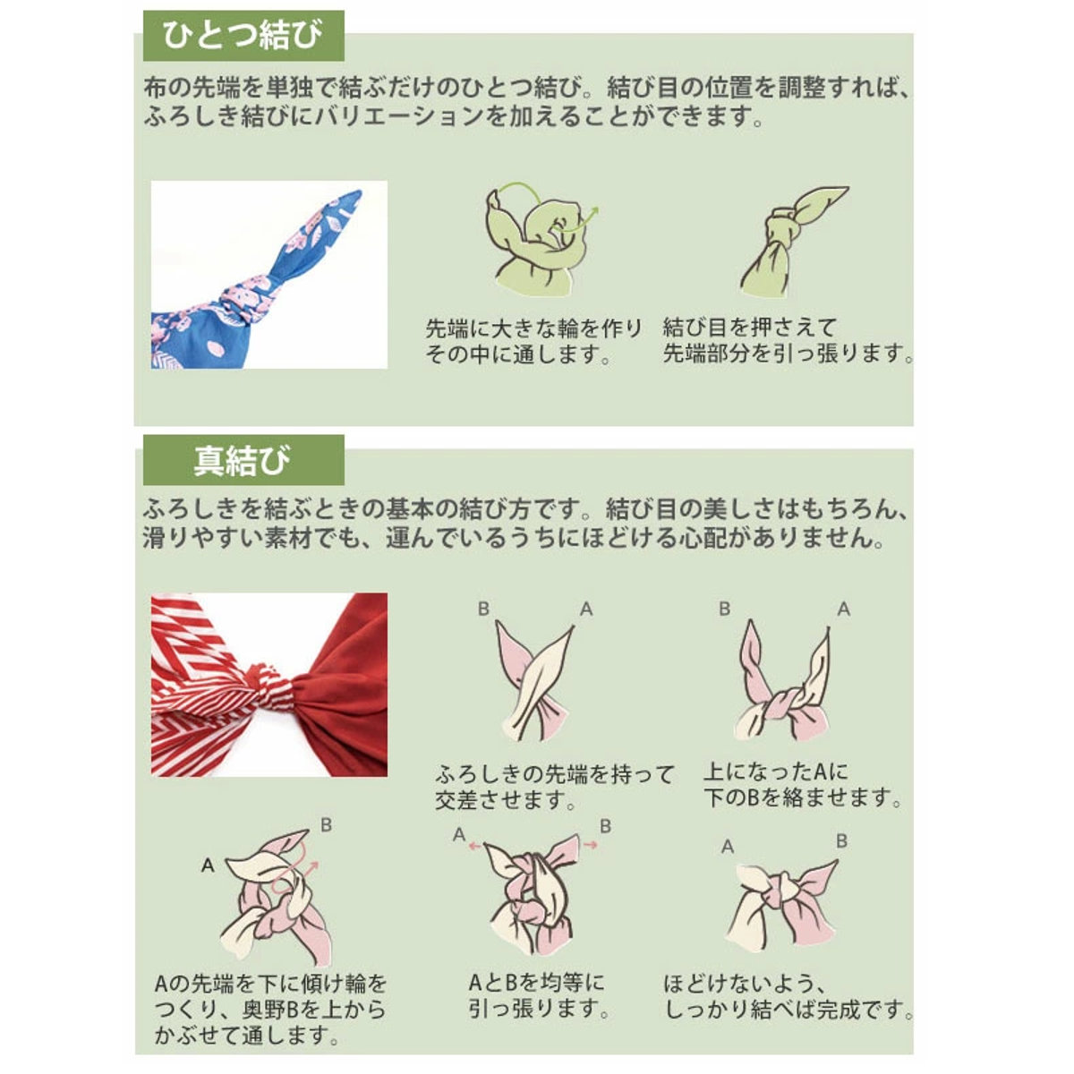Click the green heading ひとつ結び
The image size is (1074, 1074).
pyautogui.click(x=243, y=36)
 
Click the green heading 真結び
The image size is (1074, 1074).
pyautogui.click(x=243, y=461)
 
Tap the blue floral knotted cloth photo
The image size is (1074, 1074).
pyautogui.click(x=269, y=275)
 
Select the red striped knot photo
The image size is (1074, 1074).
pyautogui.click(x=269, y=685)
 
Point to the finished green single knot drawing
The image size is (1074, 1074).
pyautogui.click(x=794, y=242)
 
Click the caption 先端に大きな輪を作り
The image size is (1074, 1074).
pyautogui.click(x=534, y=328)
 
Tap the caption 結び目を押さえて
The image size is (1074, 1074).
pyautogui.click(x=750, y=328)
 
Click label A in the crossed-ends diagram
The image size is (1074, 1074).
pyautogui.click(x=586, y=609)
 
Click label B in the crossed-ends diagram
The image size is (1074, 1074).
pyautogui.click(x=484, y=609)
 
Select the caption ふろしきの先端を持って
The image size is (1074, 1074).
pyautogui.click(x=555, y=774)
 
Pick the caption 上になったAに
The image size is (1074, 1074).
pyautogui.click(x=776, y=771)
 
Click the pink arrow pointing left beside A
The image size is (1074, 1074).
pyautogui.click(x=474, y=846)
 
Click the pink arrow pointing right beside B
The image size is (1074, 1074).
pyautogui.click(x=590, y=846)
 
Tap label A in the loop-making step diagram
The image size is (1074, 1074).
pyautogui.click(x=208, y=865)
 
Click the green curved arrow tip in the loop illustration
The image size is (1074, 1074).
pyautogui.click(x=595, y=211)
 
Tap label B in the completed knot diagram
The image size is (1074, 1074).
pyautogui.click(x=841, y=841)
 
